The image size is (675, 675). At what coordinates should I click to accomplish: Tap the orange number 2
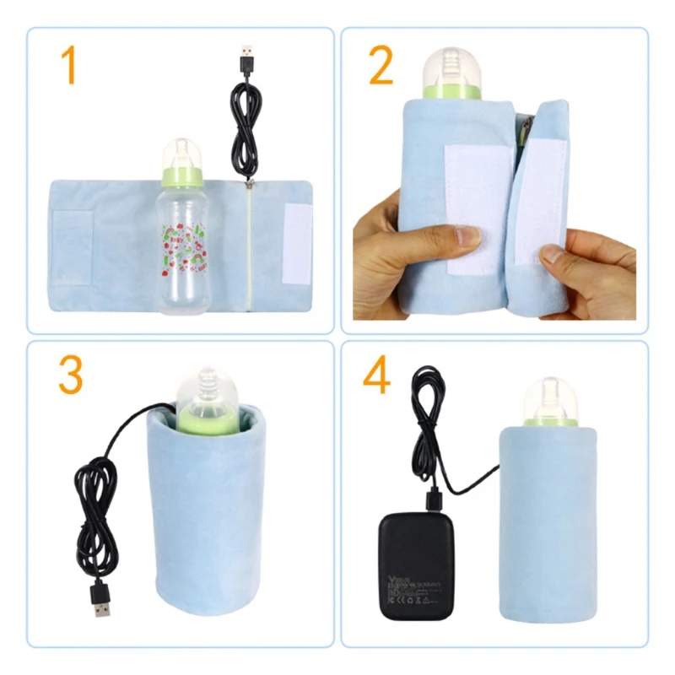point(381,67)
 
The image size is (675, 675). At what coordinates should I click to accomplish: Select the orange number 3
point(70,376)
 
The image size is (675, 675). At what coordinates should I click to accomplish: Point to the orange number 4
point(376,376)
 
